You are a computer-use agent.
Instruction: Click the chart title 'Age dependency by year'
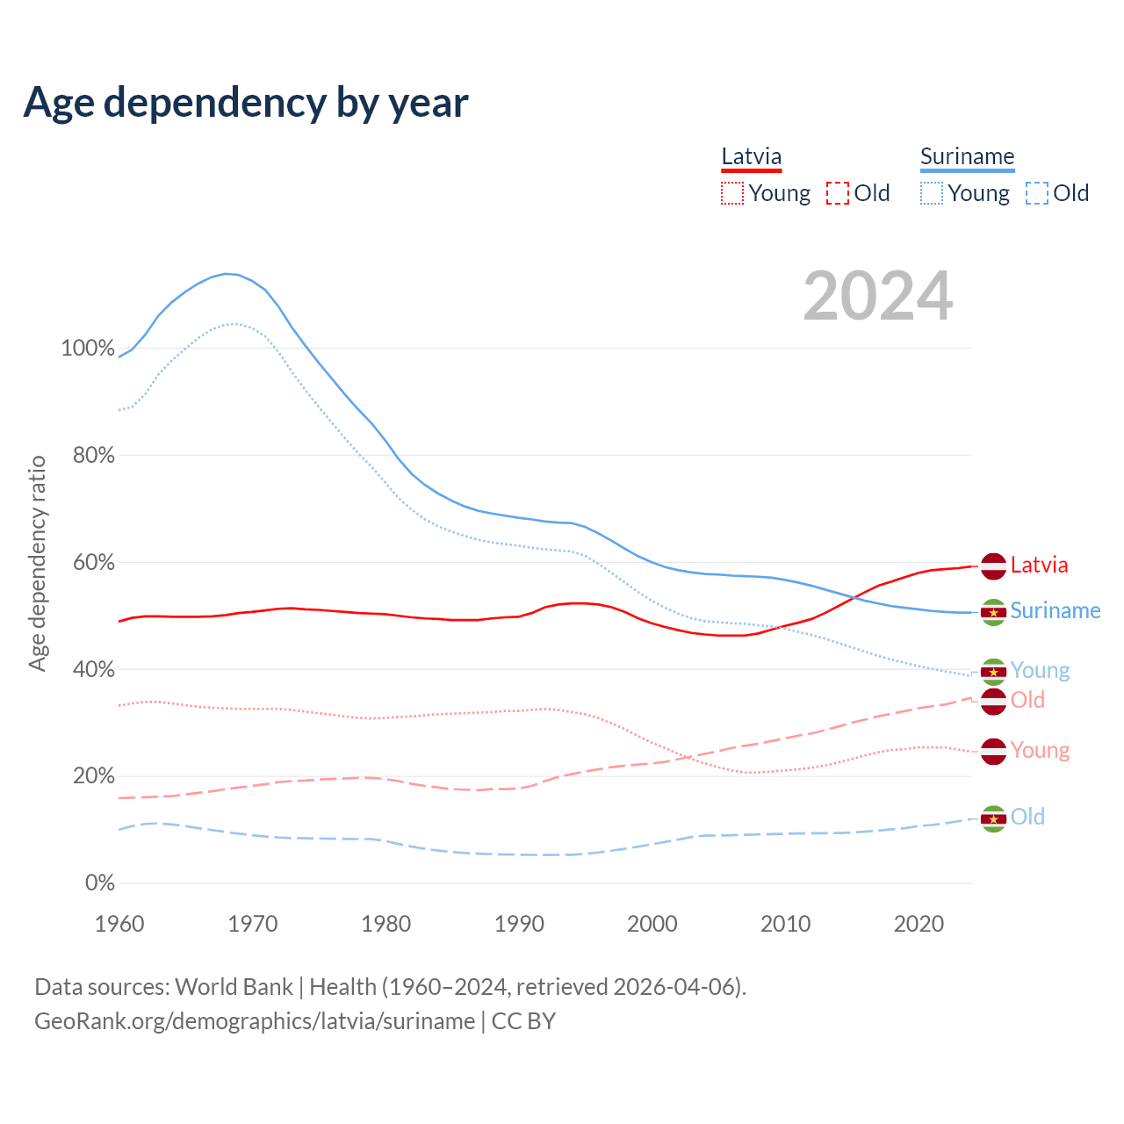coord(246,103)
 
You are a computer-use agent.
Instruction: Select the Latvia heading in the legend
coord(751,157)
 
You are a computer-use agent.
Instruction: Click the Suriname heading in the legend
coord(967,157)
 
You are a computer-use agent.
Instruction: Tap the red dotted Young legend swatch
coord(732,193)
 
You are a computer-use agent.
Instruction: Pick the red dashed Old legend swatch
coord(838,193)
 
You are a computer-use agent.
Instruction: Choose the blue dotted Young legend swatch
coord(932,193)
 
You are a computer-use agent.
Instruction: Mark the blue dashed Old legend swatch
coord(1037,193)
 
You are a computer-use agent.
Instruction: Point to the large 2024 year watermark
coord(877,296)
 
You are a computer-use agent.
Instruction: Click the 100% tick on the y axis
coord(88,348)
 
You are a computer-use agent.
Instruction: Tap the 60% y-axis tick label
coord(93,562)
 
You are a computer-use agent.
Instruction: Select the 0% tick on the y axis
coord(100,883)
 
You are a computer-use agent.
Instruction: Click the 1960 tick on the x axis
coord(119,924)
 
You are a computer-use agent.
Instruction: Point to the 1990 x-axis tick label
coord(519,924)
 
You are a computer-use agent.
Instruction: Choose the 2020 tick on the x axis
coord(919,924)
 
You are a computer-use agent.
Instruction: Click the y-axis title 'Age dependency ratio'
coord(37,563)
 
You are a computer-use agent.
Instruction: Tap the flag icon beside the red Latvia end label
coord(993,566)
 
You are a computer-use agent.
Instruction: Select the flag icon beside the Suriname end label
coord(993,612)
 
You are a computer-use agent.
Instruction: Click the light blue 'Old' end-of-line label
coord(1027,818)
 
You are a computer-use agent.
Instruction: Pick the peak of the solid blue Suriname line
coord(227,274)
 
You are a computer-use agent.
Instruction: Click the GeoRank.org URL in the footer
coord(255,1021)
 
